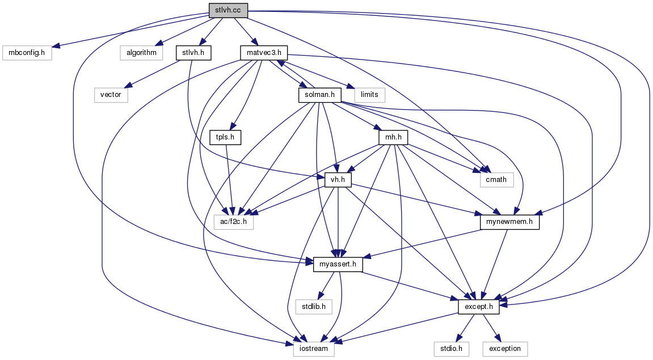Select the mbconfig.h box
(x=27, y=53)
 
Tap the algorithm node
(x=141, y=53)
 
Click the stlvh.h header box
(x=193, y=53)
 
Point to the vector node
(x=111, y=94)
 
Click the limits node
(x=370, y=94)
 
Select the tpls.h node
(x=225, y=137)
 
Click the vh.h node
(x=338, y=180)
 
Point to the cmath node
(x=496, y=180)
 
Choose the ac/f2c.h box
(x=233, y=222)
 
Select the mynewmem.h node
(x=509, y=222)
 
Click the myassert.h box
(x=338, y=264)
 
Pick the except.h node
(x=479, y=306)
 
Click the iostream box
(x=314, y=348)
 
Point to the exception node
(x=505, y=348)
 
